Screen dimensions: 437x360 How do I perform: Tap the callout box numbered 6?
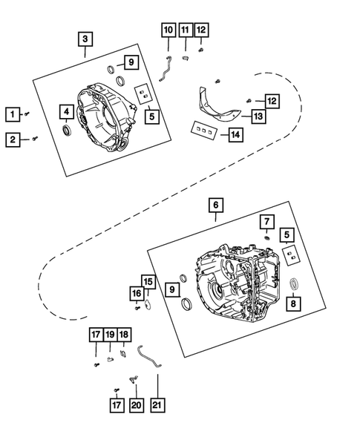215,204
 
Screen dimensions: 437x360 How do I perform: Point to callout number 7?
266,221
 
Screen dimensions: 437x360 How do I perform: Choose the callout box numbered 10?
168,30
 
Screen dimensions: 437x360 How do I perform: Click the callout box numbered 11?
185,30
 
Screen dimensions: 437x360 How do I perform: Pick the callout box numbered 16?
137,295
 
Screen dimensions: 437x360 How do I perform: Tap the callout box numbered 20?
135,405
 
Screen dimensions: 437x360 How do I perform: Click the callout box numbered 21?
158,405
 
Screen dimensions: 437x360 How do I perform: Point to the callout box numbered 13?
257,116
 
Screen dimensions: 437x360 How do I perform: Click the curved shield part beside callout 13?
219,105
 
